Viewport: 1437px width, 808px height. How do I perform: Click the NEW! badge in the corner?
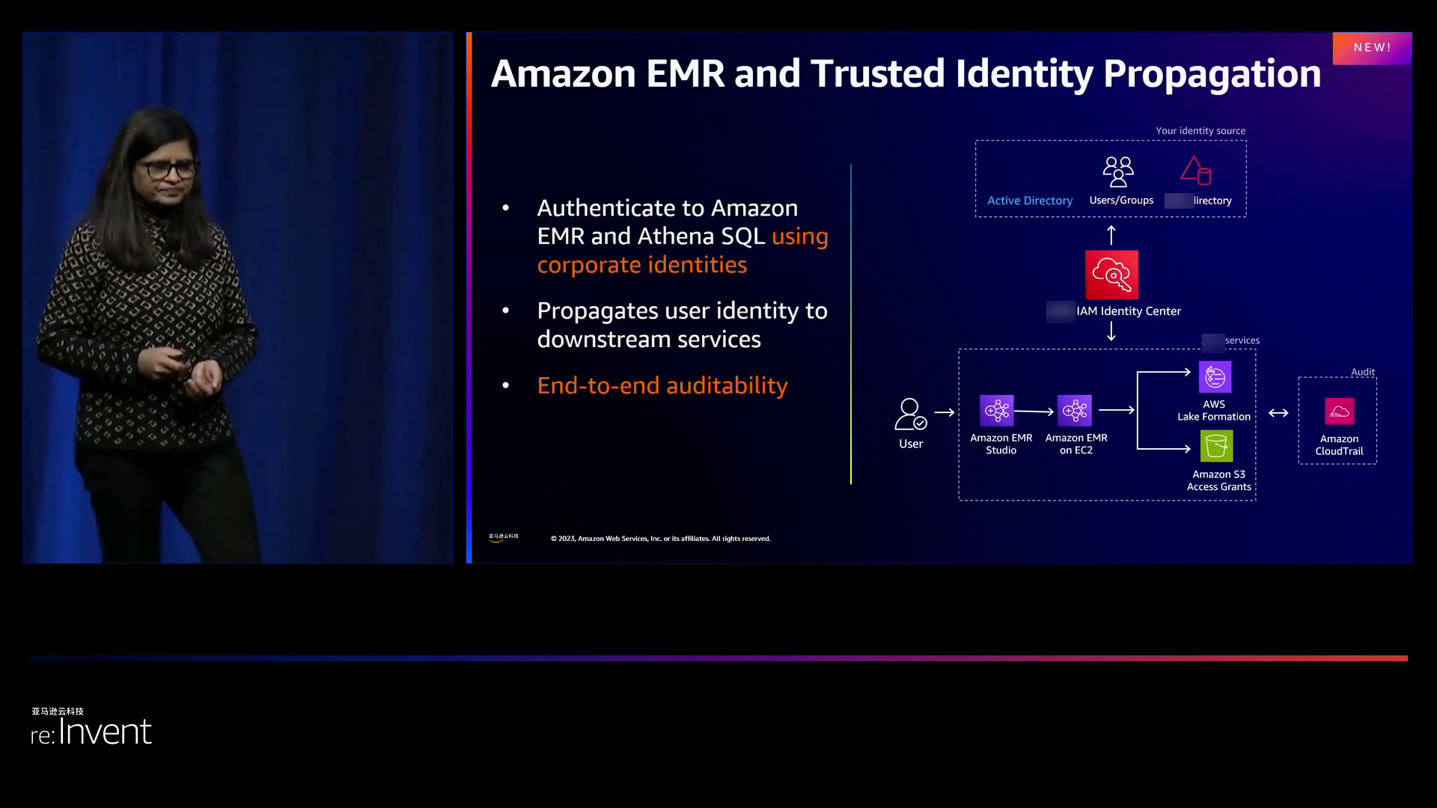1372,48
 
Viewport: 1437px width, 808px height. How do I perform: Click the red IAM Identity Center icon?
1111,275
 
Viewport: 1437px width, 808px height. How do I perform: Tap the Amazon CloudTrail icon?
1339,411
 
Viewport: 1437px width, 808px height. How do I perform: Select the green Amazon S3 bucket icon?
1216,447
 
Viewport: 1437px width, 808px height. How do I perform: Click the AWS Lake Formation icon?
1215,377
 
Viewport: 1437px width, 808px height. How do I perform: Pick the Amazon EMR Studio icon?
997,411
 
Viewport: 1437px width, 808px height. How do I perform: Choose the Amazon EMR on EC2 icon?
1075,411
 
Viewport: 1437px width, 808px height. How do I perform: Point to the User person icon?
910,414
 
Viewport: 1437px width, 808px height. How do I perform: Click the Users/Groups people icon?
1118,171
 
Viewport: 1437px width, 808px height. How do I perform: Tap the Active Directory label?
1029,201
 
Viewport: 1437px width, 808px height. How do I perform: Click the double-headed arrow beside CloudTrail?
1278,413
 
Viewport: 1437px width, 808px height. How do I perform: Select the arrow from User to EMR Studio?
945,412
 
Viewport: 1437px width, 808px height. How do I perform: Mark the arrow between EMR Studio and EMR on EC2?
1034,411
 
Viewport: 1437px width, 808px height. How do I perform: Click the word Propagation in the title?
1212,73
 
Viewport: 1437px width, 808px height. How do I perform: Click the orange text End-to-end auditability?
662,385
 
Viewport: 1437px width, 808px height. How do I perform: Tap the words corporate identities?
641,265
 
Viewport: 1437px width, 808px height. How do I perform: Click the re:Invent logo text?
91,732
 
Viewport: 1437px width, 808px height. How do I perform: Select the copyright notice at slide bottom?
660,539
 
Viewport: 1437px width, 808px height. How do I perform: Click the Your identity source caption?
1200,131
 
